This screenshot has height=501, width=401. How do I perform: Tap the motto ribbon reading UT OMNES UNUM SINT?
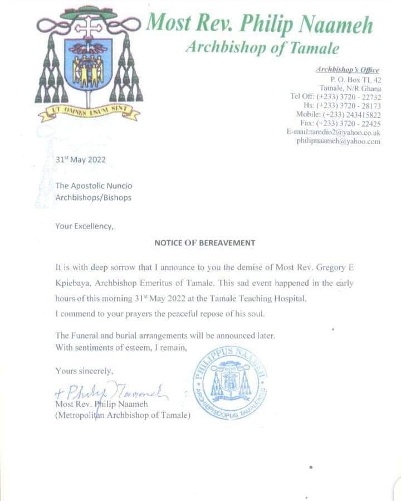(89, 110)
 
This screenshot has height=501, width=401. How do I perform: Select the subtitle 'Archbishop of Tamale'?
(262, 48)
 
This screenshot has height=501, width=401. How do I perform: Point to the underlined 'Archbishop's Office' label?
(348, 70)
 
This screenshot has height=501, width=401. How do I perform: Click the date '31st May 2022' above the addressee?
(81, 159)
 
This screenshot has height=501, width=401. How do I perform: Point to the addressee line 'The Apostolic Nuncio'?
(94, 186)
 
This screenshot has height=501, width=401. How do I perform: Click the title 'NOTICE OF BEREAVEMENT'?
(204, 243)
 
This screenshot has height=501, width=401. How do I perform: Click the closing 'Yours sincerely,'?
(84, 371)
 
